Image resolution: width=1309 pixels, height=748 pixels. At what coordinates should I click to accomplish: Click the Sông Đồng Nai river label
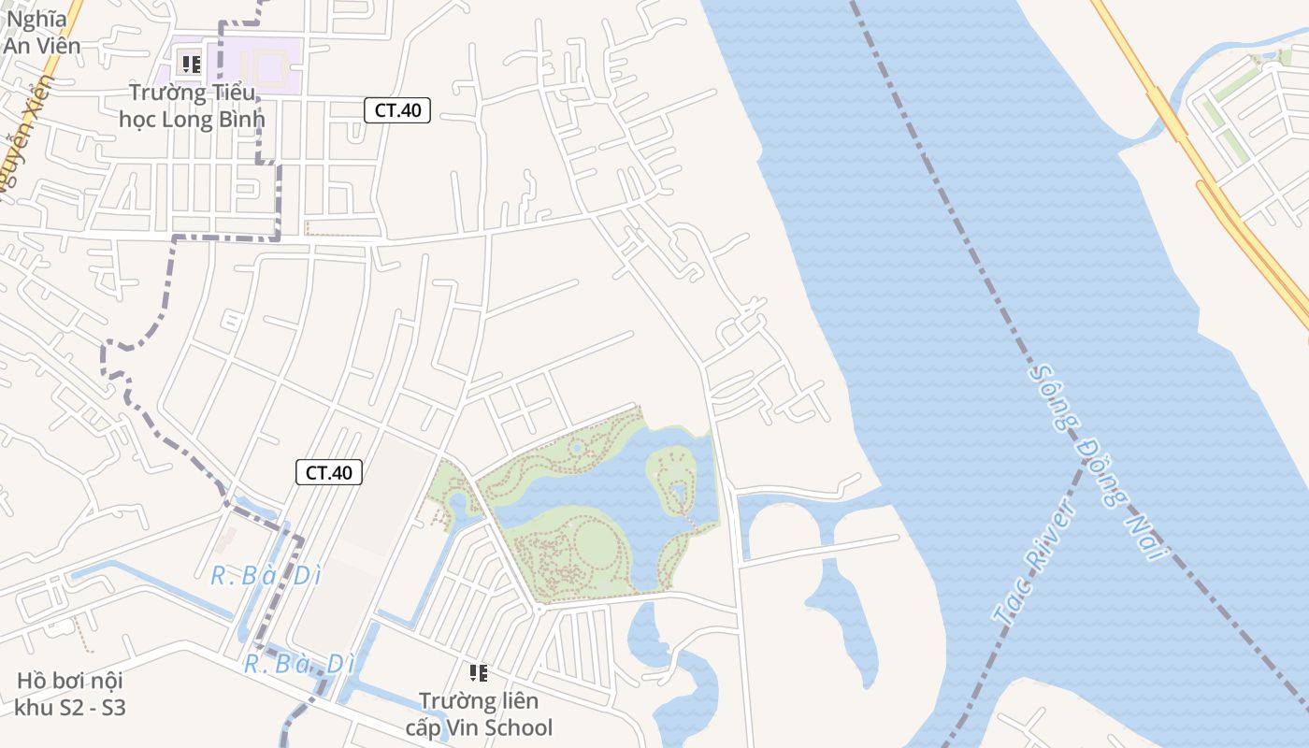click(1100, 462)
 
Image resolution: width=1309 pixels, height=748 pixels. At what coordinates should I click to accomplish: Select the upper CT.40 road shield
click(397, 110)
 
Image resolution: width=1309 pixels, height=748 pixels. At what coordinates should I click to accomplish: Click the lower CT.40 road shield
click(329, 472)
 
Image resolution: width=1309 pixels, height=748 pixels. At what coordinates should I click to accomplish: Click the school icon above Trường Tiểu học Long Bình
click(191, 65)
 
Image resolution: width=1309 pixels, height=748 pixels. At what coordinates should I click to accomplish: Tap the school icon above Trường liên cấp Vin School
click(479, 672)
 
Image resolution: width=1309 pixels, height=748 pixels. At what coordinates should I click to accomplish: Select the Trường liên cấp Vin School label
click(479, 714)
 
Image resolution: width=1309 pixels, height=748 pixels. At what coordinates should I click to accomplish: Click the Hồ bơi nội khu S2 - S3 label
click(71, 694)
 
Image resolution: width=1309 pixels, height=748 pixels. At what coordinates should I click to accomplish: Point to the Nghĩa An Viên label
click(42, 32)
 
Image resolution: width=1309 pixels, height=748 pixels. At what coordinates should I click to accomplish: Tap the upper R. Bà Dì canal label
click(266, 576)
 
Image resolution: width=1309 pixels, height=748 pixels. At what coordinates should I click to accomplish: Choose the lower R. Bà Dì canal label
click(299, 665)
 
